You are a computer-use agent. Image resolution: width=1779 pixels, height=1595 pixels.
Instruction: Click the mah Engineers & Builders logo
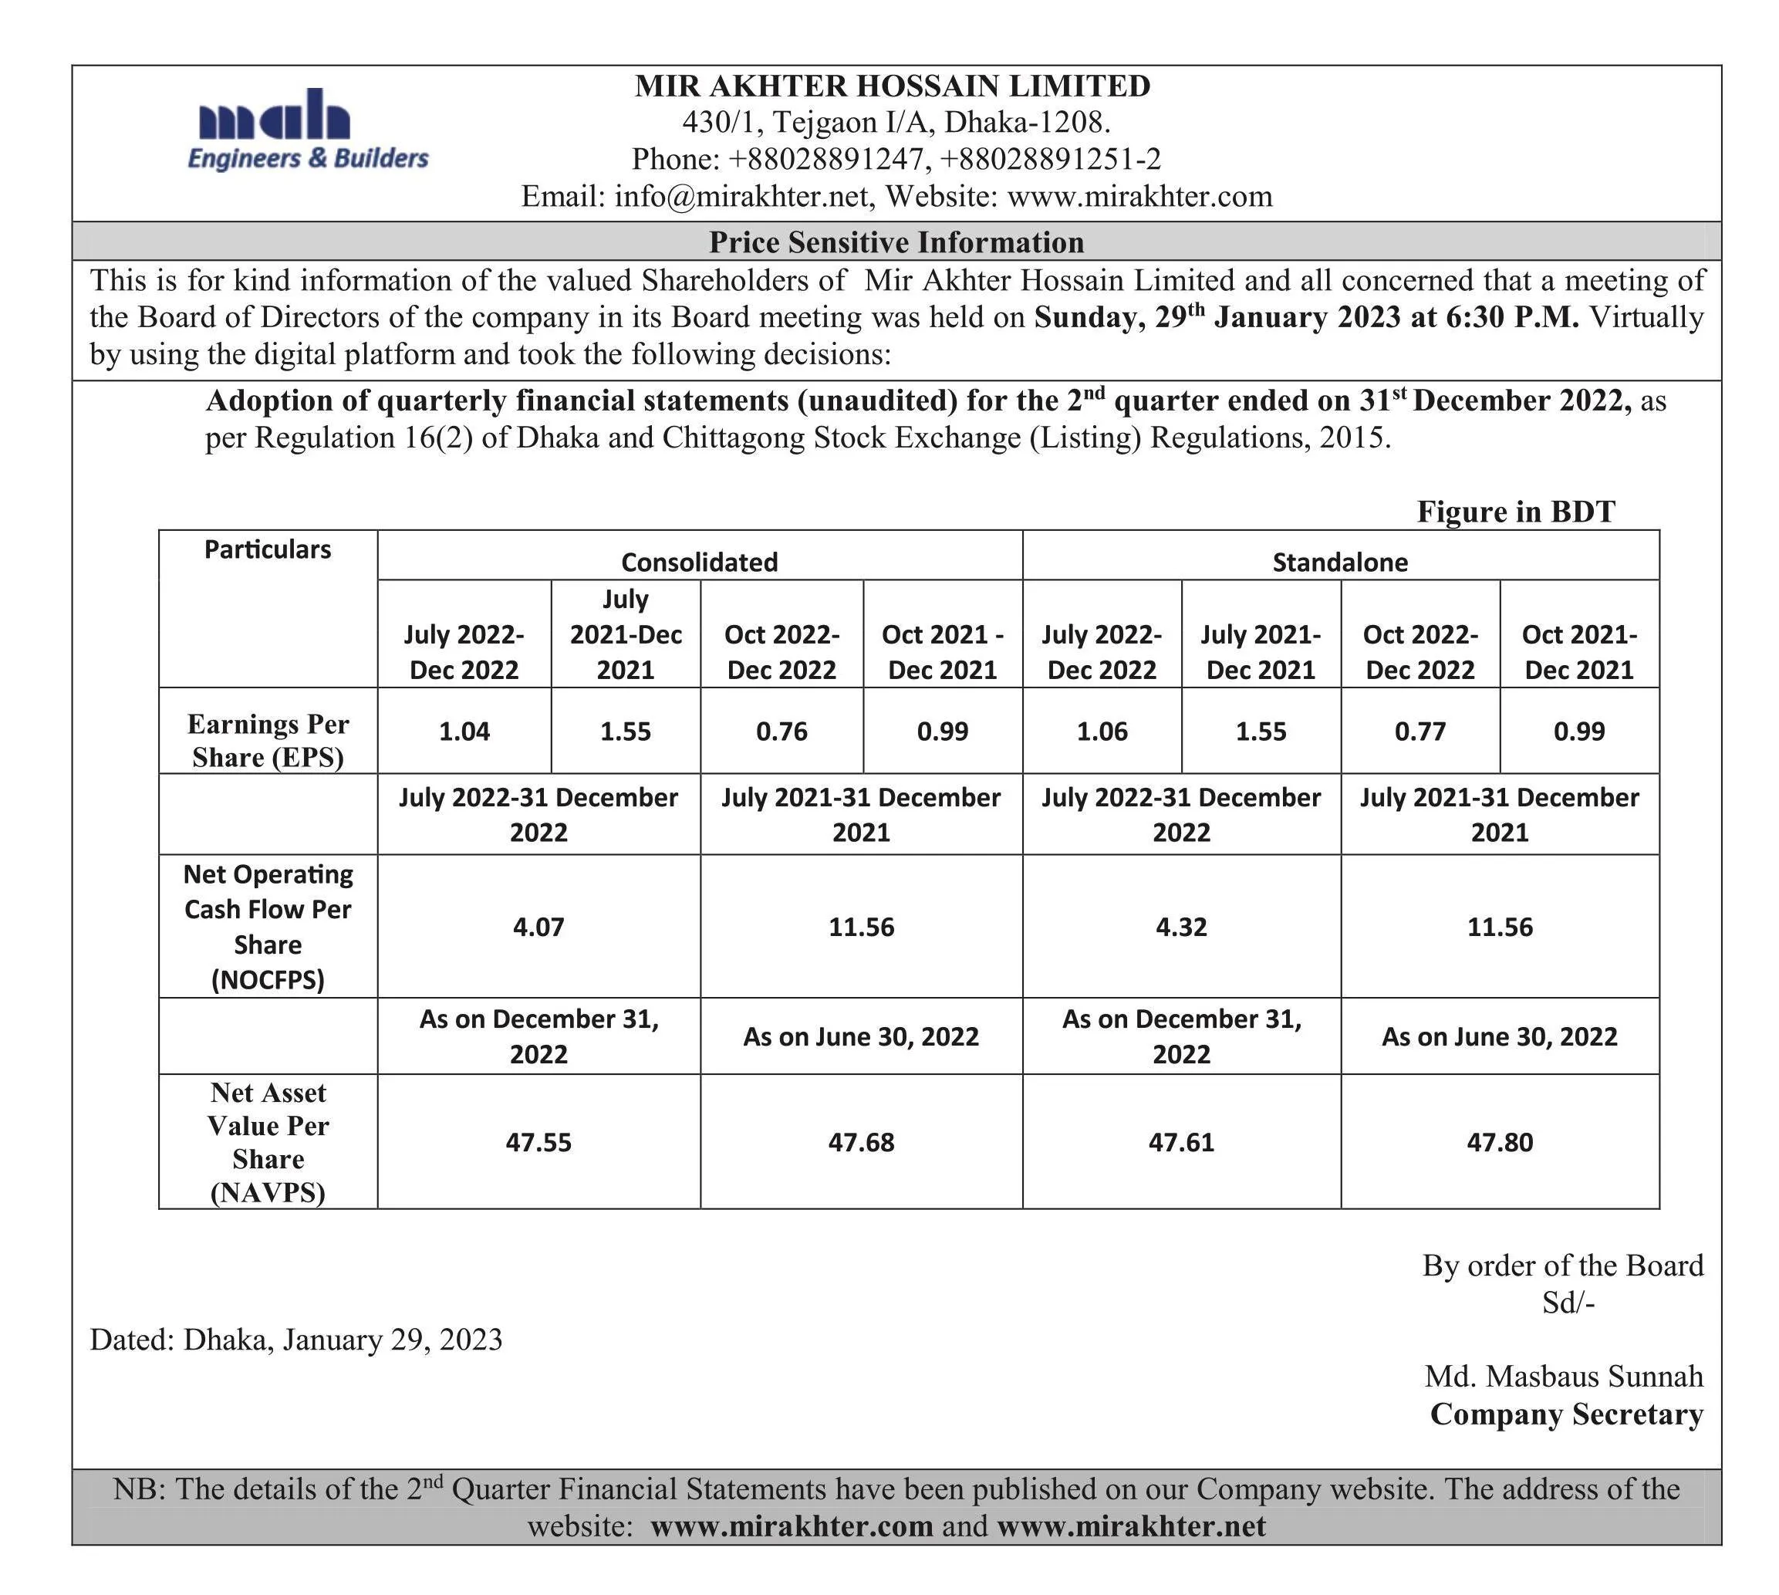click(x=307, y=130)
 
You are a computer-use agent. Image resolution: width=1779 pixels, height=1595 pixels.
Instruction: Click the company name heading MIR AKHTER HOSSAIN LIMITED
click(x=891, y=86)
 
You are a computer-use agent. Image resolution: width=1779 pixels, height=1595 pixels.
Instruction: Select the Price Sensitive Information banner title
click(x=896, y=242)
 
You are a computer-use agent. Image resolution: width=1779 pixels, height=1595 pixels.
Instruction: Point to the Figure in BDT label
click(x=1515, y=512)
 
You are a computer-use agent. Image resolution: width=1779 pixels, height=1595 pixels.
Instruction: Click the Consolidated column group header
click(x=698, y=562)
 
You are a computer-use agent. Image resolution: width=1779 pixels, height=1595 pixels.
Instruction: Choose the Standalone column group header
click(x=1339, y=562)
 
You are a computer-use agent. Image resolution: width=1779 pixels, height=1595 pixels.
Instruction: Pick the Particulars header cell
click(x=267, y=549)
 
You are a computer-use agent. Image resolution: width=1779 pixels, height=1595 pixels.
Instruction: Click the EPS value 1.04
click(x=464, y=731)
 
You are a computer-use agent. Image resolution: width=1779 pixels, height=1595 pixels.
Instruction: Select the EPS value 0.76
click(x=781, y=731)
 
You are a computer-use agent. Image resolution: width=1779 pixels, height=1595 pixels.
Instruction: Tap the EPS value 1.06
click(x=1101, y=731)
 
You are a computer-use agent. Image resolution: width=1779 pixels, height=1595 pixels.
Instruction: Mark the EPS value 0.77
click(x=1419, y=731)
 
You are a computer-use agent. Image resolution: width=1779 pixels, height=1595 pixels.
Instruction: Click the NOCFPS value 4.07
click(x=538, y=926)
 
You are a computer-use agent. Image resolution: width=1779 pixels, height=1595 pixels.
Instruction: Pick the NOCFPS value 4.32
click(x=1180, y=926)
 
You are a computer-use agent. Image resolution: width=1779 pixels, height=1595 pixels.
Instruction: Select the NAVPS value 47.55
click(x=538, y=1142)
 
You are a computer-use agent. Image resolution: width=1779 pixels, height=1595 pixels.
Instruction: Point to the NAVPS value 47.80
click(x=1500, y=1142)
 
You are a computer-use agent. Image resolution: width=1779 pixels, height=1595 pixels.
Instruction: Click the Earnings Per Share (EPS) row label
click(x=267, y=741)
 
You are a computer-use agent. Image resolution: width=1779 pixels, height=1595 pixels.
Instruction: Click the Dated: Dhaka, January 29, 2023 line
click(x=296, y=1339)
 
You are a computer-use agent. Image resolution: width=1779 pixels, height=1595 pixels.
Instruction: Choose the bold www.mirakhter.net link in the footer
click(x=1130, y=1526)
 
